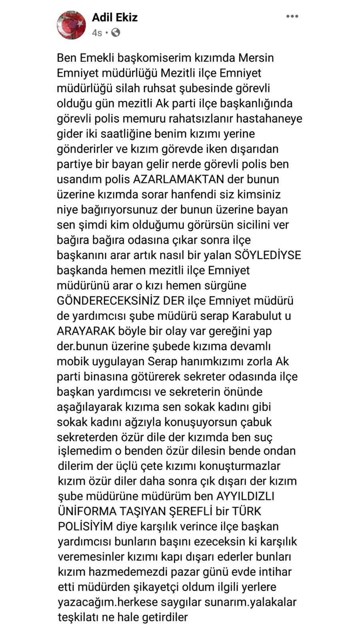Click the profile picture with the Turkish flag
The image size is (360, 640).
click(x=71, y=25)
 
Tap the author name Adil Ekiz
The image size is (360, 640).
click(x=115, y=18)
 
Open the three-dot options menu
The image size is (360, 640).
click(x=292, y=16)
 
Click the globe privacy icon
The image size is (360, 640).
click(x=116, y=32)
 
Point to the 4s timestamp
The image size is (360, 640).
click(x=97, y=33)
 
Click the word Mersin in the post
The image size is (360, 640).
click(x=256, y=58)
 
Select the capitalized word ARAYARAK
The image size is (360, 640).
click(x=86, y=331)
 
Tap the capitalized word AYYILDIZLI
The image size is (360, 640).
click(x=245, y=496)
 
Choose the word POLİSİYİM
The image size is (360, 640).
click(x=85, y=526)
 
